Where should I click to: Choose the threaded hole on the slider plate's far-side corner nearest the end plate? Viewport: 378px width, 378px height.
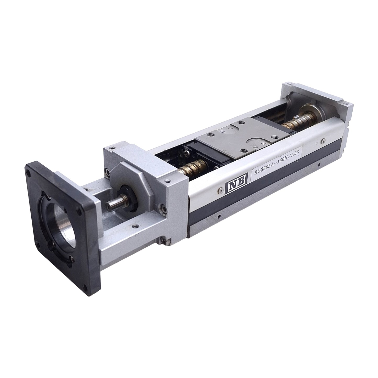(x=240, y=122)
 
